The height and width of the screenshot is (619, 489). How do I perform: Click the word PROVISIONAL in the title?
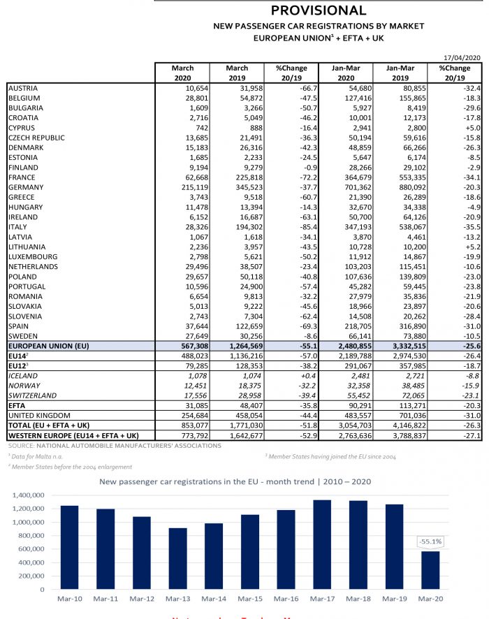(319, 10)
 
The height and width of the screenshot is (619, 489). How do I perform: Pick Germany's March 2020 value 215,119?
(181, 187)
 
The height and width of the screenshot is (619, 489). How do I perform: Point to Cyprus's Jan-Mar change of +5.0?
(472, 128)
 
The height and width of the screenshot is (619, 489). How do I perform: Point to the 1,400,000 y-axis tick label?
(30, 495)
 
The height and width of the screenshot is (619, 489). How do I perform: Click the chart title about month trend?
(245, 481)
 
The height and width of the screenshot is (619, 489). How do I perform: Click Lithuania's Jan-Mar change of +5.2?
(472, 247)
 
